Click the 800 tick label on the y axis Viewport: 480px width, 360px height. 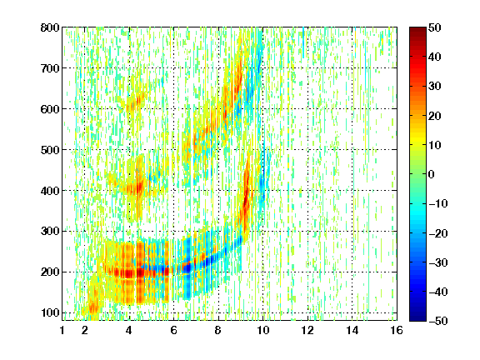point(50,27)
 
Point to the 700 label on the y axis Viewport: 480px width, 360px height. point(50,68)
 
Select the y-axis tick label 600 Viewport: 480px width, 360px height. point(50,109)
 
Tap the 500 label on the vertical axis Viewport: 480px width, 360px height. point(50,150)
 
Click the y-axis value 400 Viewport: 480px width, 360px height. point(50,191)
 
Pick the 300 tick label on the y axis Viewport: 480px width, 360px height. point(50,232)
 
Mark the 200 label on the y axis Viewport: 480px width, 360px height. point(50,272)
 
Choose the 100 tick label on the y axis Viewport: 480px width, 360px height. point(50,312)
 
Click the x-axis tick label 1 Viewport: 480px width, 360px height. point(62,330)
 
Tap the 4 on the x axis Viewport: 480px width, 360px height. point(129,330)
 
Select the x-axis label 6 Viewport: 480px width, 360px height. point(173,330)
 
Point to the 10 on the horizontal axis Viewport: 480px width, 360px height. point(262,330)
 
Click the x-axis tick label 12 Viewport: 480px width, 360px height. point(307,330)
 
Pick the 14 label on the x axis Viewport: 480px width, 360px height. point(352,330)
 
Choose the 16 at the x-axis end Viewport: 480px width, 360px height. point(397,330)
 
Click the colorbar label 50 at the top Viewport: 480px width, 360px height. point(434,27)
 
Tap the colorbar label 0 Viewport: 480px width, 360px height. point(432,174)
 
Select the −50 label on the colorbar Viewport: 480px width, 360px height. point(437,321)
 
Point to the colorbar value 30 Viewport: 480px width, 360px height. point(434,87)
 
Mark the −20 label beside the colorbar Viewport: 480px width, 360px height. point(437,233)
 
